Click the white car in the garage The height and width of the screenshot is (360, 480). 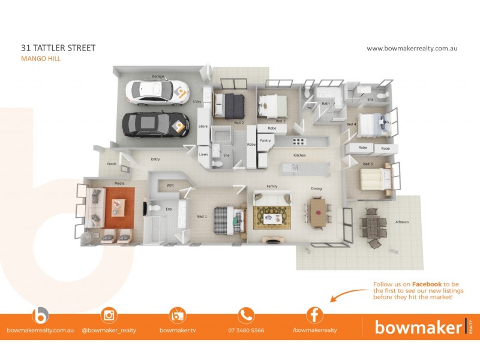coord(157,92)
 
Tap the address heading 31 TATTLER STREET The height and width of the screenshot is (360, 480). coord(58,48)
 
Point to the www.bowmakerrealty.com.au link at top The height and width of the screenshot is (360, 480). coord(412,49)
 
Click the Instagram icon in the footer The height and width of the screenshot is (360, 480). coord(109,315)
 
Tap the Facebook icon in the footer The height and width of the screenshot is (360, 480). coord(314,315)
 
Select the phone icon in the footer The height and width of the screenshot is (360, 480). coord(246,315)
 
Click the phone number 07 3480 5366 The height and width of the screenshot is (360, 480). coord(246,331)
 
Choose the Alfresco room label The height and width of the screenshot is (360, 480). coord(401,222)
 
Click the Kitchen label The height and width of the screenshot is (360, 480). coord(299,155)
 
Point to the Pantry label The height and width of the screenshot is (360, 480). coord(265,141)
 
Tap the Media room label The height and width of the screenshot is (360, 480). coord(119,183)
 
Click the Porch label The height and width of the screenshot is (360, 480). coord(111,163)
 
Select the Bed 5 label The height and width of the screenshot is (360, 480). coord(368,164)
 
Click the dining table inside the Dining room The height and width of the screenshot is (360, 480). coord(318,210)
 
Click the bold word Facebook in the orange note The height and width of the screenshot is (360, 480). coord(427,284)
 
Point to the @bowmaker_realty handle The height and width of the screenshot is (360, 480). coord(109,331)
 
